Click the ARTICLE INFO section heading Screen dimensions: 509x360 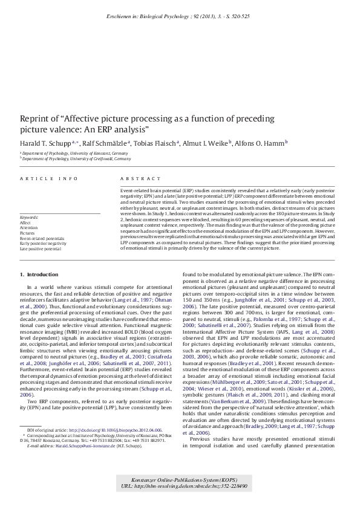(48, 179)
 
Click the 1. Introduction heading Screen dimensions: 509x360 (39, 274)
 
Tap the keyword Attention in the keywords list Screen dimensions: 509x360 (29, 227)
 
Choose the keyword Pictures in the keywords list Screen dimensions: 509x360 (27, 232)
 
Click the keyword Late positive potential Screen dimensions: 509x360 (41, 248)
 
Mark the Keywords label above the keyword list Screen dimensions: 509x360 (29, 217)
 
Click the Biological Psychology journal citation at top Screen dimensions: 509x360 (181, 13)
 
